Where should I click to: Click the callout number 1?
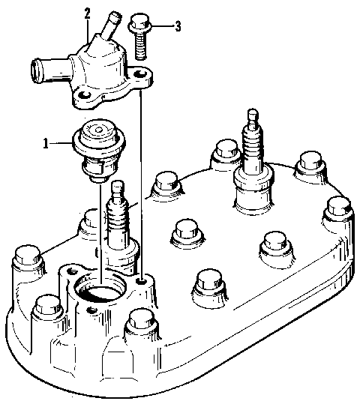pyautogui.click(x=47, y=143)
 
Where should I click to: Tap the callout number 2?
pyautogui.click(x=87, y=13)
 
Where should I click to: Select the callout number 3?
pyautogui.click(x=178, y=27)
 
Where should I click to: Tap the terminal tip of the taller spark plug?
pyautogui.click(x=250, y=115)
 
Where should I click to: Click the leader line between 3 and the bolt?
pyautogui.click(x=162, y=27)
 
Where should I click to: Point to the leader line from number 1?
pyautogui.click(x=60, y=143)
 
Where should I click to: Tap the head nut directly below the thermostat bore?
pyautogui.click(x=139, y=325)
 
